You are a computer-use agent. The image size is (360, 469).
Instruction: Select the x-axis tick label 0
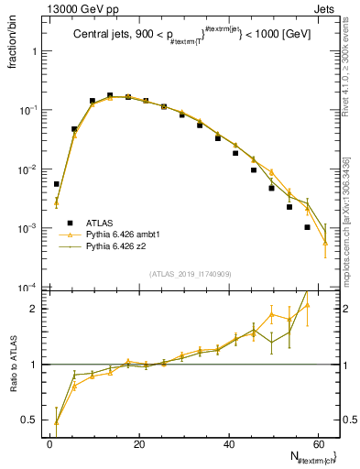[49, 444]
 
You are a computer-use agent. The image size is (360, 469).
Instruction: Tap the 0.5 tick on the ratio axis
[30, 420]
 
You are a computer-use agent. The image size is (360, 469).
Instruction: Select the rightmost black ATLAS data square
[308, 227]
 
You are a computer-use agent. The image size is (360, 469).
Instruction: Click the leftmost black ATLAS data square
[57, 184]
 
